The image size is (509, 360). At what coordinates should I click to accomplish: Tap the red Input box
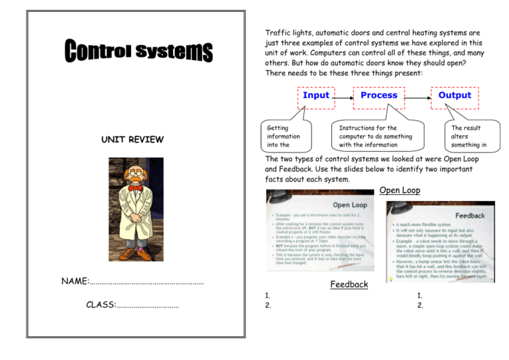[x=316, y=95]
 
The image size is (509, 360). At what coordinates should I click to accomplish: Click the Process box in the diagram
[x=378, y=95]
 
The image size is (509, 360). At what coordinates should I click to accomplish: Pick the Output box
[x=454, y=95]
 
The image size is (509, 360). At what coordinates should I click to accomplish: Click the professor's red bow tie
[x=137, y=188]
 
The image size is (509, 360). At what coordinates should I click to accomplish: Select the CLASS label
[x=101, y=305]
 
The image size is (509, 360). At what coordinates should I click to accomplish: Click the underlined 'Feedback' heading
[x=349, y=284]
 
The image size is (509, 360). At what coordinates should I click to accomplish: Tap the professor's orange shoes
[x=137, y=251]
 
